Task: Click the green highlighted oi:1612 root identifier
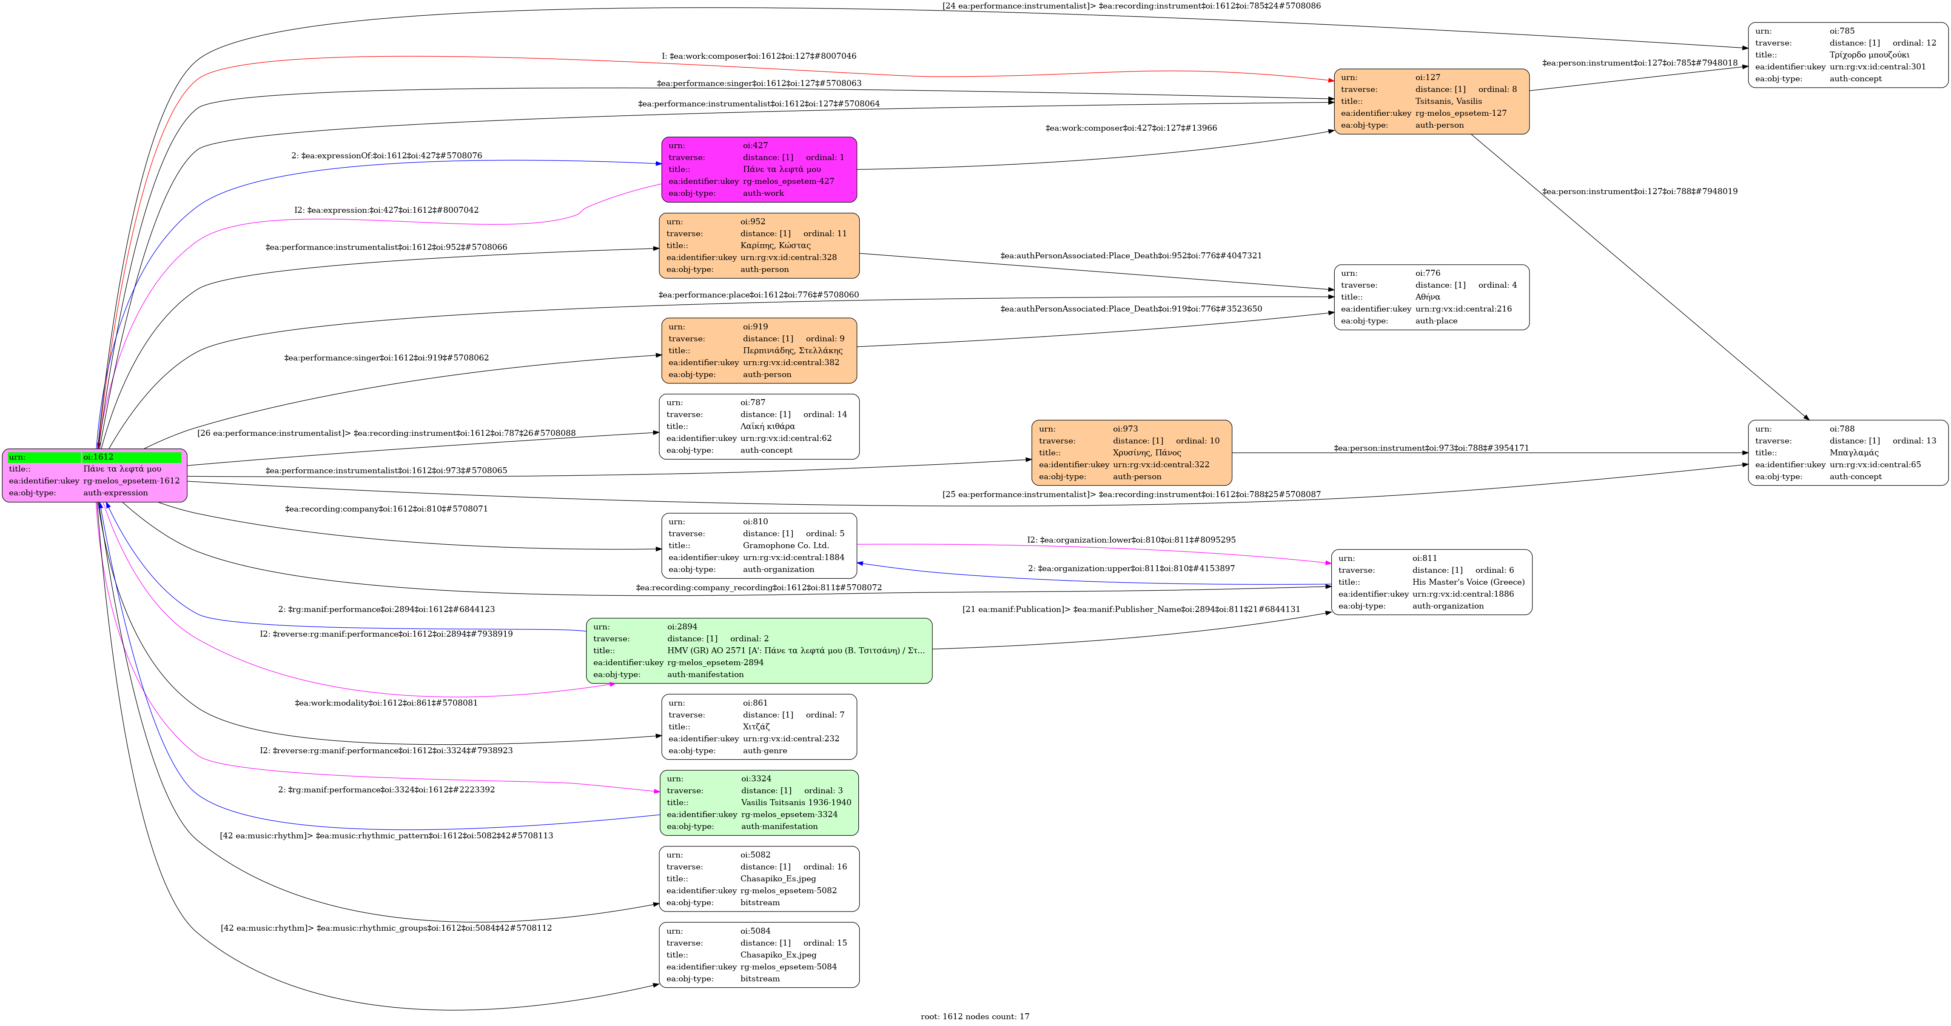(x=98, y=457)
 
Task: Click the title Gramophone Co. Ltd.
(x=786, y=546)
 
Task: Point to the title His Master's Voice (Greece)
(x=1468, y=582)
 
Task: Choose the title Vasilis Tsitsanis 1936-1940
(x=795, y=803)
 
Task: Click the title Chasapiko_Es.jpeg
(x=778, y=879)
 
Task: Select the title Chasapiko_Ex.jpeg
(x=778, y=955)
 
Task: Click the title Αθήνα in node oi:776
(x=1428, y=297)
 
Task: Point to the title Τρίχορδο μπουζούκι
(x=1869, y=54)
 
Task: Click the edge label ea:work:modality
(x=386, y=703)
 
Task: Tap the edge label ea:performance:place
(x=759, y=295)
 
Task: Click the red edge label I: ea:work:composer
(x=759, y=56)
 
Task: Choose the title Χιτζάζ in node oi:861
(x=756, y=727)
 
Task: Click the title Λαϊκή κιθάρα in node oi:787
(x=767, y=427)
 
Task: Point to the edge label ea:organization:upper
(x=1131, y=568)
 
